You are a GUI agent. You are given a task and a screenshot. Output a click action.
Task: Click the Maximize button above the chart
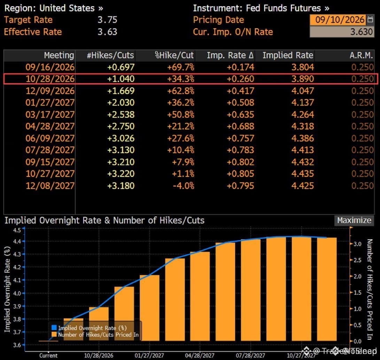tap(354, 220)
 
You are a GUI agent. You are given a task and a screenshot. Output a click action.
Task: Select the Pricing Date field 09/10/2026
tap(340, 19)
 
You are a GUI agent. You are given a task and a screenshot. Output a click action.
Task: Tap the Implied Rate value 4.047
tap(303, 91)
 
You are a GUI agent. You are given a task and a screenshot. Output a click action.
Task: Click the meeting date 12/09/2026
tap(50, 91)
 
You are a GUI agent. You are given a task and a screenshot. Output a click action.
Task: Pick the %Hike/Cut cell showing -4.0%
tap(184, 186)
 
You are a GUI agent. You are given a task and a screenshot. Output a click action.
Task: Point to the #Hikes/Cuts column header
tap(110, 55)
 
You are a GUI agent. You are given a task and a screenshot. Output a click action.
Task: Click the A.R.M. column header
tap(361, 55)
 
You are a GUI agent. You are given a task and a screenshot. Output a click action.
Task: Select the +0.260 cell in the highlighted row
tap(240, 79)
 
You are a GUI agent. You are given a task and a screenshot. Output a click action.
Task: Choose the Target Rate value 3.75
tap(107, 19)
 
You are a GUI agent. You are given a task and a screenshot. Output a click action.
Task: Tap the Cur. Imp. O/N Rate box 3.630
tap(342, 32)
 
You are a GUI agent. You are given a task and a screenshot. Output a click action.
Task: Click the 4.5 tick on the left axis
tap(17, 230)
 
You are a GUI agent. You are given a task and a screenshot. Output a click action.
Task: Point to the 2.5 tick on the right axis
tap(357, 260)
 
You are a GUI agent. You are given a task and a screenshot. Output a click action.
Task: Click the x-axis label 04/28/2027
tap(200, 355)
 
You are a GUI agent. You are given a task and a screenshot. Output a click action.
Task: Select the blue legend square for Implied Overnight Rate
tap(54, 328)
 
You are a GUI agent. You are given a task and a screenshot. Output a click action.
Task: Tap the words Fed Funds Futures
tap(283, 8)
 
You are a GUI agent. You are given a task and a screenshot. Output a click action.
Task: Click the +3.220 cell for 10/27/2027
tap(121, 174)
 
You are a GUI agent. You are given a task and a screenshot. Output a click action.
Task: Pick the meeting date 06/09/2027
tap(50, 138)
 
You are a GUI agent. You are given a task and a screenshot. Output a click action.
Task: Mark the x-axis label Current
tap(48, 355)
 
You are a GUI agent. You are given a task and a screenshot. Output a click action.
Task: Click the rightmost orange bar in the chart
tap(327, 289)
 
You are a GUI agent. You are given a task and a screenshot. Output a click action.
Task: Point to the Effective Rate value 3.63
tap(107, 32)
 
